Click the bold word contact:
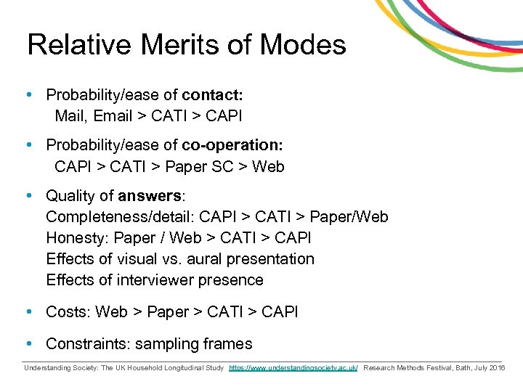212,94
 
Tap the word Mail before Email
70,115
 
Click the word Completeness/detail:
120,217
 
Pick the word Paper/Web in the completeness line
349,217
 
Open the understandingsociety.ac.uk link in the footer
293,368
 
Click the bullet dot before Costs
28,312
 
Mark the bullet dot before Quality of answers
28,196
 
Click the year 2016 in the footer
498,368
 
